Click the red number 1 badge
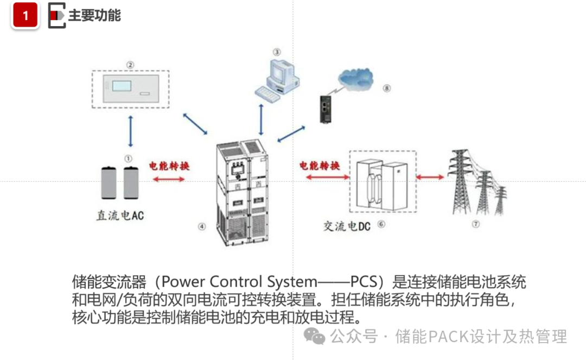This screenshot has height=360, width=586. pyautogui.click(x=25, y=15)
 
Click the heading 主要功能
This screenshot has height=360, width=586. pyautogui.click(x=94, y=15)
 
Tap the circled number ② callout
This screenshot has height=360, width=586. pyautogui.click(x=130, y=65)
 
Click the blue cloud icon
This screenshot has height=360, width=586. pyautogui.click(x=355, y=79)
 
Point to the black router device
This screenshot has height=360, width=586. pyautogui.click(x=325, y=109)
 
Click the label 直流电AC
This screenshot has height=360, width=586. pyautogui.click(x=120, y=216)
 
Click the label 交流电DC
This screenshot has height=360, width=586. pyautogui.click(x=346, y=226)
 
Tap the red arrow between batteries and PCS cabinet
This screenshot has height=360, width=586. pyautogui.click(x=169, y=179)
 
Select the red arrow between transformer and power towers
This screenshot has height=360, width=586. pyautogui.click(x=430, y=177)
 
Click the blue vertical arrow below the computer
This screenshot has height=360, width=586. pyautogui.click(x=261, y=119)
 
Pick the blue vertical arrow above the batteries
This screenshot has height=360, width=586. pyautogui.click(x=130, y=131)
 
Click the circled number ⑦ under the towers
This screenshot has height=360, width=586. pyautogui.click(x=475, y=224)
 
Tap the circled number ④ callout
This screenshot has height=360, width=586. pyautogui.click(x=202, y=226)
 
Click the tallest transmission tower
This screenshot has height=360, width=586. pyautogui.click(x=460, y=182)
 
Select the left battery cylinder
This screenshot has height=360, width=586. pyautogui.click(x=109, y=183)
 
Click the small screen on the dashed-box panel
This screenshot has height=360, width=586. pyautogui.click(x=122, y=86)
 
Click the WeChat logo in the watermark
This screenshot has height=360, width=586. pyautogui.click(x=314, y=336)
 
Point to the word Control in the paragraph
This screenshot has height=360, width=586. pyautogui.click(x=235, y=281)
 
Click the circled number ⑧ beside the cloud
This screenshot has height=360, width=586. pyautogui.click(x=387, y=88)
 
